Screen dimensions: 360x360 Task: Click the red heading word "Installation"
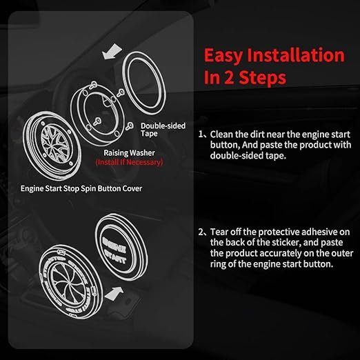coord(296,55)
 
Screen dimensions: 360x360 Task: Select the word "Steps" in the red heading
coord(263,77)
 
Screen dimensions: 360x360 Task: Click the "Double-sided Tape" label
coord(163,130)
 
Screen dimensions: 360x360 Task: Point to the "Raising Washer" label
coord(129,152)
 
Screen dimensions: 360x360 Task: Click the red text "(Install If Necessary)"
coord(129,162)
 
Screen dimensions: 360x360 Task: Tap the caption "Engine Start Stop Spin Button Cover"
coord(81,188)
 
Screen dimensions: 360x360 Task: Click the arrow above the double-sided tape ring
coord(112,52)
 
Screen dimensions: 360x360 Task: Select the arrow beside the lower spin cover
coord(114,294)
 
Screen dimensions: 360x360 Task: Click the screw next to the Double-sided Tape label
coord(130,126)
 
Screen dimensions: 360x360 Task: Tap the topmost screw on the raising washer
coord(94,85)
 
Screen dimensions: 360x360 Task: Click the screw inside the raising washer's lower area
coord(97,121)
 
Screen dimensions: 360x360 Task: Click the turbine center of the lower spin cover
coord(66,283)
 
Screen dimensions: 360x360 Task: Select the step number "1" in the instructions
coord(201,134)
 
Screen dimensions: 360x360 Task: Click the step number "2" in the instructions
coord(201,232)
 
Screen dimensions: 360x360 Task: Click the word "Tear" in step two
coord(219,232)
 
